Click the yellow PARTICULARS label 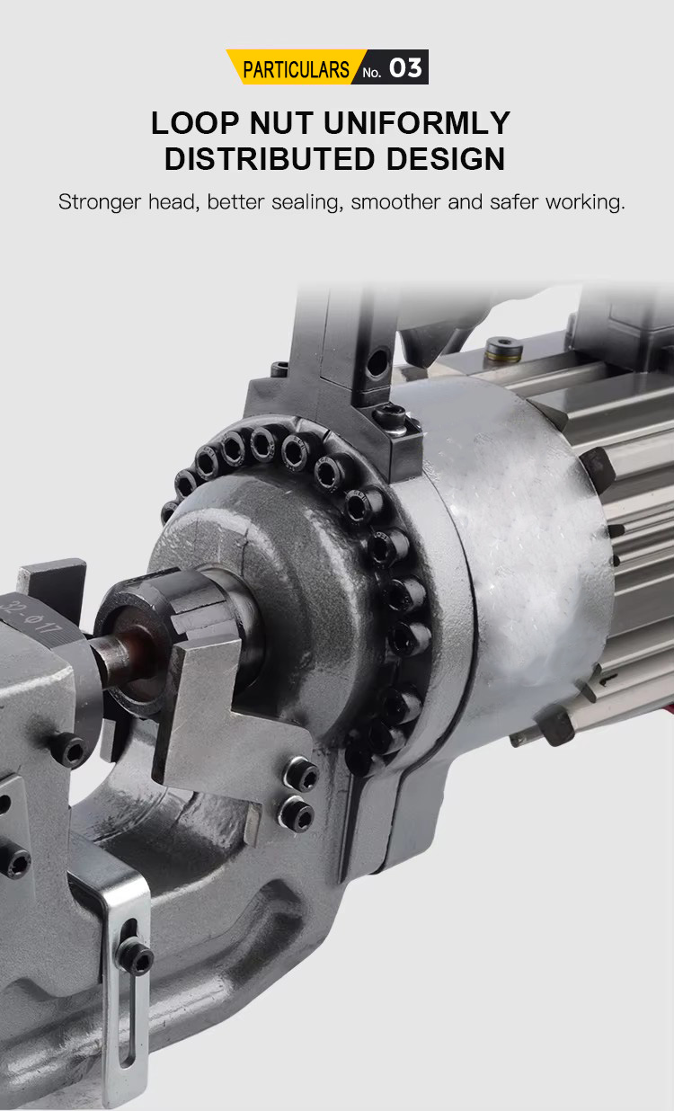tap(296, 69)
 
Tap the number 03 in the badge tap(405, 68)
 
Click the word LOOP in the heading tap(195, 123)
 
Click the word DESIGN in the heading tap(446, 159)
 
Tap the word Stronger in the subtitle tap(100, 202)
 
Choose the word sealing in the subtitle tap(307, 202)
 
